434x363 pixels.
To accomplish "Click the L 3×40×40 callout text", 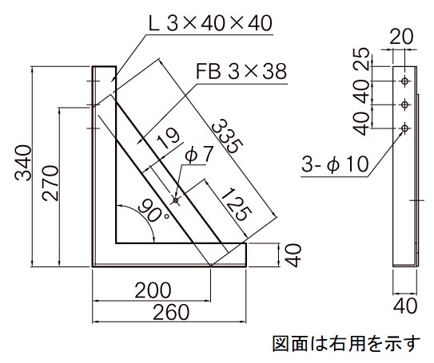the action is pyautogui.click(x=210, y=23).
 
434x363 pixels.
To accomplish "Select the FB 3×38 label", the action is pyautogui.click(x=241, y=71).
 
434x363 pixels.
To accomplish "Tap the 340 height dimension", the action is pyautogui.click(x=23, y=163).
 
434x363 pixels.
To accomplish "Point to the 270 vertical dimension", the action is pyautogui.click(x=50, y=183).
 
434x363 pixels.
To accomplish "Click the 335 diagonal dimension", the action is pyautogui.click(x=228, y=136).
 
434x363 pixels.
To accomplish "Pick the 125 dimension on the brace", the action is pyautogui.click(x=237, y=205).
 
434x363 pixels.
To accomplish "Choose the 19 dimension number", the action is pyautogui.click(x=169, y=138).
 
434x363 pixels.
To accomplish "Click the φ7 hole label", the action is pyautogui.click(x=199, y=154).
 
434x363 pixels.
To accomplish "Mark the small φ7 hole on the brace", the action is pyautogui.click(x=176, y=200).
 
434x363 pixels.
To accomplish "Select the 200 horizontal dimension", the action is pyautogui.click(x=153, y=290).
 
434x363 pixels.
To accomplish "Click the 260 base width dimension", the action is pyautogui.click(x=171, y=312).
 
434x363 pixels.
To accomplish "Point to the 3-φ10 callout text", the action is pyautogui.click(x=335, y=164).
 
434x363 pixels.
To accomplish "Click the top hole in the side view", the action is pyautogui.click(x=404, y=81).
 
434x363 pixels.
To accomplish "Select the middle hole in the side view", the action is pyautogui.click(x=404, y=105).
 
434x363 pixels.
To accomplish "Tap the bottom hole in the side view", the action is pyautogui.click(x=404, y=128).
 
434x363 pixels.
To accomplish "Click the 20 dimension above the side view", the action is pyautogui.click(x=401, y=37).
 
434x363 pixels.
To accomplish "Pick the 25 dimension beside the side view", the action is pyautogui.click(x=363, y=57).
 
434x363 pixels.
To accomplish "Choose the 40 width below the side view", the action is pyautogui.click(x=405, y=306).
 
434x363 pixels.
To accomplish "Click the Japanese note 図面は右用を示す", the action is pyautogui.click(x=347, y=343).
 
